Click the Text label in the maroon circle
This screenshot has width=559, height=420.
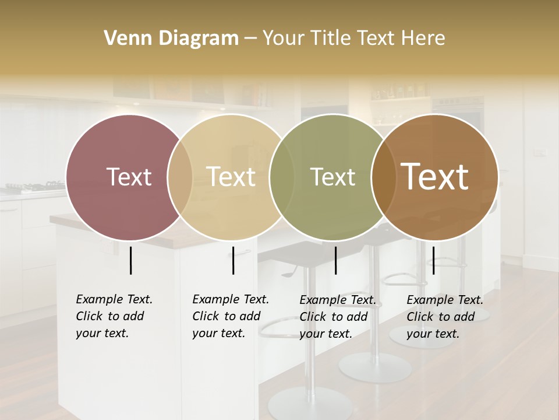pos(129,177)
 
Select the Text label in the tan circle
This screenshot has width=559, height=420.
pos(231,177)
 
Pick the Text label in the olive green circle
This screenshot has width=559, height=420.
pos(332,177)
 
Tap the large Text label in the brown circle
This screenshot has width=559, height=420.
pos(435,177)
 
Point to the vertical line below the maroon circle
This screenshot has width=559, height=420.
pos(130,260)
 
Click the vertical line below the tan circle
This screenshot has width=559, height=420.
pos(233,260)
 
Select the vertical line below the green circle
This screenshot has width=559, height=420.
pos(335,260)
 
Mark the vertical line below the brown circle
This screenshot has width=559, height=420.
pos(433,260)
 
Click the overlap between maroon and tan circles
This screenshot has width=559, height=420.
pos(180,177)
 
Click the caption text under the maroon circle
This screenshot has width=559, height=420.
pos(114,316)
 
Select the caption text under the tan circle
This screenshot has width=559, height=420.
pos(230,316)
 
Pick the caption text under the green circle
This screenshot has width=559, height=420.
pos(337,317)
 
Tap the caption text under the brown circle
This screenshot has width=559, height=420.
pos(444,317)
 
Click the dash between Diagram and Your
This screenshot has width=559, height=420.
pos(250,39)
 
